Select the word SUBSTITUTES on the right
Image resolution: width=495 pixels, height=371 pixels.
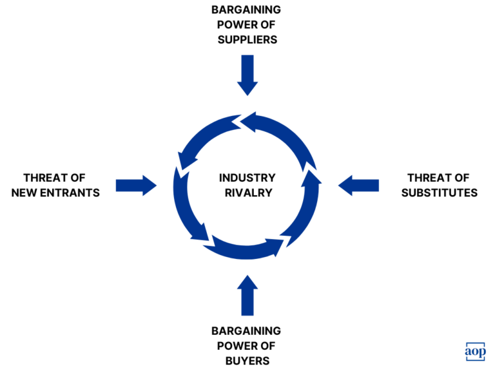click(439, 192)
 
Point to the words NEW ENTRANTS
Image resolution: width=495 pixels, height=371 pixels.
click(56, 192)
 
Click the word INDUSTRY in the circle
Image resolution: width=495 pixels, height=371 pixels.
click(247, 178)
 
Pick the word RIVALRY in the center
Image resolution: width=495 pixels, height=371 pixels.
click(247, 192)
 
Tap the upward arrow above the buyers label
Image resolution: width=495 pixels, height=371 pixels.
click(247, 294)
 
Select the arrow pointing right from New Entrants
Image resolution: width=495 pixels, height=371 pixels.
click(136, 185)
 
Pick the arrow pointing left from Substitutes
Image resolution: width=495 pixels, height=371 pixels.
click(358, 185)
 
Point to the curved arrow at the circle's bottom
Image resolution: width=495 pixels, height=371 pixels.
click(248, 249)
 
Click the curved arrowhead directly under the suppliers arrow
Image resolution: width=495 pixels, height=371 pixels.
click(248, 118)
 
